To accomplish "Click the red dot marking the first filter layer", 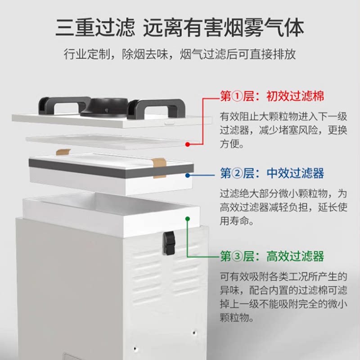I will [x=187, y=144].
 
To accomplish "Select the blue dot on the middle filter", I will [x=188, y=176].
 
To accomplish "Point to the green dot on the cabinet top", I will [x=187, y=218].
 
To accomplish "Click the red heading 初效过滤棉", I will [x=295, y=96].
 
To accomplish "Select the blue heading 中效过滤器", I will [x=295, y=173].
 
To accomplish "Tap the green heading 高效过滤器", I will [x=295, y=256].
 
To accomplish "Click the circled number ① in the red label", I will [x=237, y=96].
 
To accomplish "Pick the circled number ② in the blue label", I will [x=237, y=173].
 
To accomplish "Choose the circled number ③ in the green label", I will [x=237, y=256].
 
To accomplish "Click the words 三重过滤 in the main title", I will [x=94, y=28].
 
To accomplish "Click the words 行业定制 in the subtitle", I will [x=89, y=54].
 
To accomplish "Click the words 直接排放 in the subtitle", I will [x=274, y=54].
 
